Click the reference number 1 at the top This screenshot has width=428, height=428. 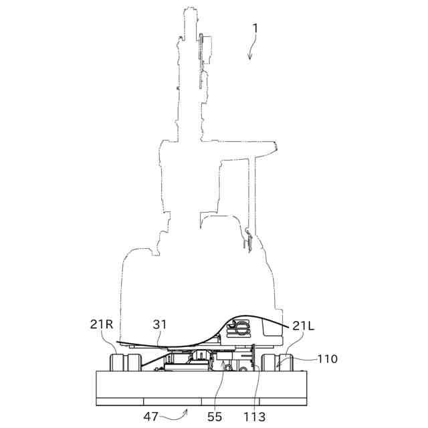(255, 29)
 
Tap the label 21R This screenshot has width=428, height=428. (102, 324)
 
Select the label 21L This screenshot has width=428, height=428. (304, 326)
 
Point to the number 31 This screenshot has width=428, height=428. (160, 324)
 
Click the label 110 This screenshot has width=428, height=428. (328, 358)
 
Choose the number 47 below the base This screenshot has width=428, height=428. (151, 417)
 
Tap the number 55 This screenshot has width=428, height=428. (215, 417)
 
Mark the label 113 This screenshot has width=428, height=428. (254, 417)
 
